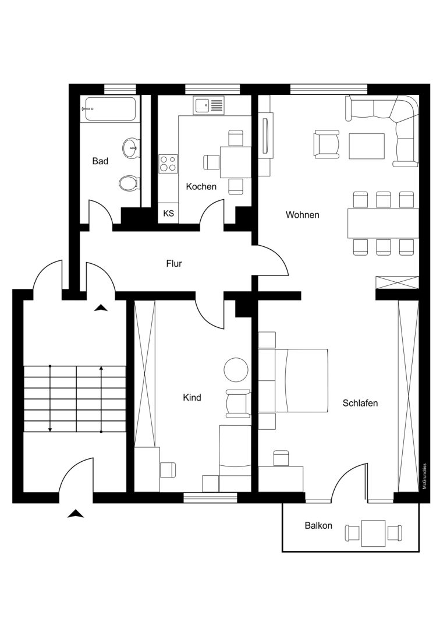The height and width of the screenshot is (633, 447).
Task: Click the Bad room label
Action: coord(100,161)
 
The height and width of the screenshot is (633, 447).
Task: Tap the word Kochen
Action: coord(201,186)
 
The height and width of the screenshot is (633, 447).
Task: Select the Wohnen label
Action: coord(302,215)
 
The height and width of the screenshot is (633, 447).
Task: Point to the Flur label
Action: coord(174,264)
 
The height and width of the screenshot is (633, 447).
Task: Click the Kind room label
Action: coord(191,398)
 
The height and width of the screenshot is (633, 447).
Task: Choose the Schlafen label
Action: coord(360,403)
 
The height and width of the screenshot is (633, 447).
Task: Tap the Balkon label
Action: coord(318,526)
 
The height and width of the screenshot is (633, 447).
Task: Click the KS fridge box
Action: coord(168,213)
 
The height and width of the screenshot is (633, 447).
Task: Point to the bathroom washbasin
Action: coord(131,147)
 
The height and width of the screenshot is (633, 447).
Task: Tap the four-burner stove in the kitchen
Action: coord(168,164)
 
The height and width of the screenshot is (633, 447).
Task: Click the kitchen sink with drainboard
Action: coord(208,106)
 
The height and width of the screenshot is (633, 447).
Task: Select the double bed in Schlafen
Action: coord(301,381)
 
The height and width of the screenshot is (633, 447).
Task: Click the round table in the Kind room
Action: coord(236,370)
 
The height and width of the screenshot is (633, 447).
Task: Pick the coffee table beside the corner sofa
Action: coord(367,146)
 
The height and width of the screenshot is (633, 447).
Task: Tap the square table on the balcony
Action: coord(374,533)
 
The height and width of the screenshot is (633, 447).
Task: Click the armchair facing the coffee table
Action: coord(327,144)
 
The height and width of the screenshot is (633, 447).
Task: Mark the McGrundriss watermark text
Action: coord(424,476)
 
